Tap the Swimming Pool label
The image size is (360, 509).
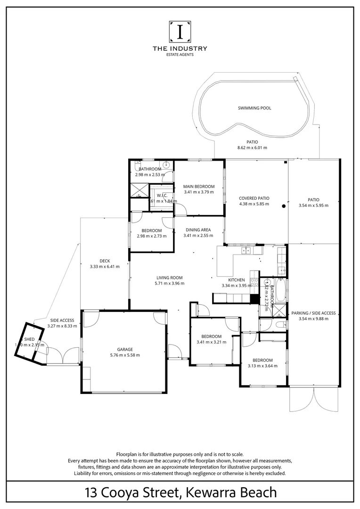click(254, 108)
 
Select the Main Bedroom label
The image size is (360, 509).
click(198, 186)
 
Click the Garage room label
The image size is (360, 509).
click(125, 349)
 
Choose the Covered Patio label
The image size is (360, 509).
click(254, 198)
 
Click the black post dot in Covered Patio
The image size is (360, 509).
click(284, 206)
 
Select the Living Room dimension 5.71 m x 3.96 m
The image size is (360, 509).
click(169, 284)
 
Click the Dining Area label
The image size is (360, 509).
click(198, 230)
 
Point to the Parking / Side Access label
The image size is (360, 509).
click(313, 313)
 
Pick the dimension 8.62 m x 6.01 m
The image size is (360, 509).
click(252, 148)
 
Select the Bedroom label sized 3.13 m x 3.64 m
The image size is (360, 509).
click(262, 360)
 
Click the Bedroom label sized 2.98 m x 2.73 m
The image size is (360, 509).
click(152, 230)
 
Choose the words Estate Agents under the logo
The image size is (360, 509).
click(180, 54)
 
